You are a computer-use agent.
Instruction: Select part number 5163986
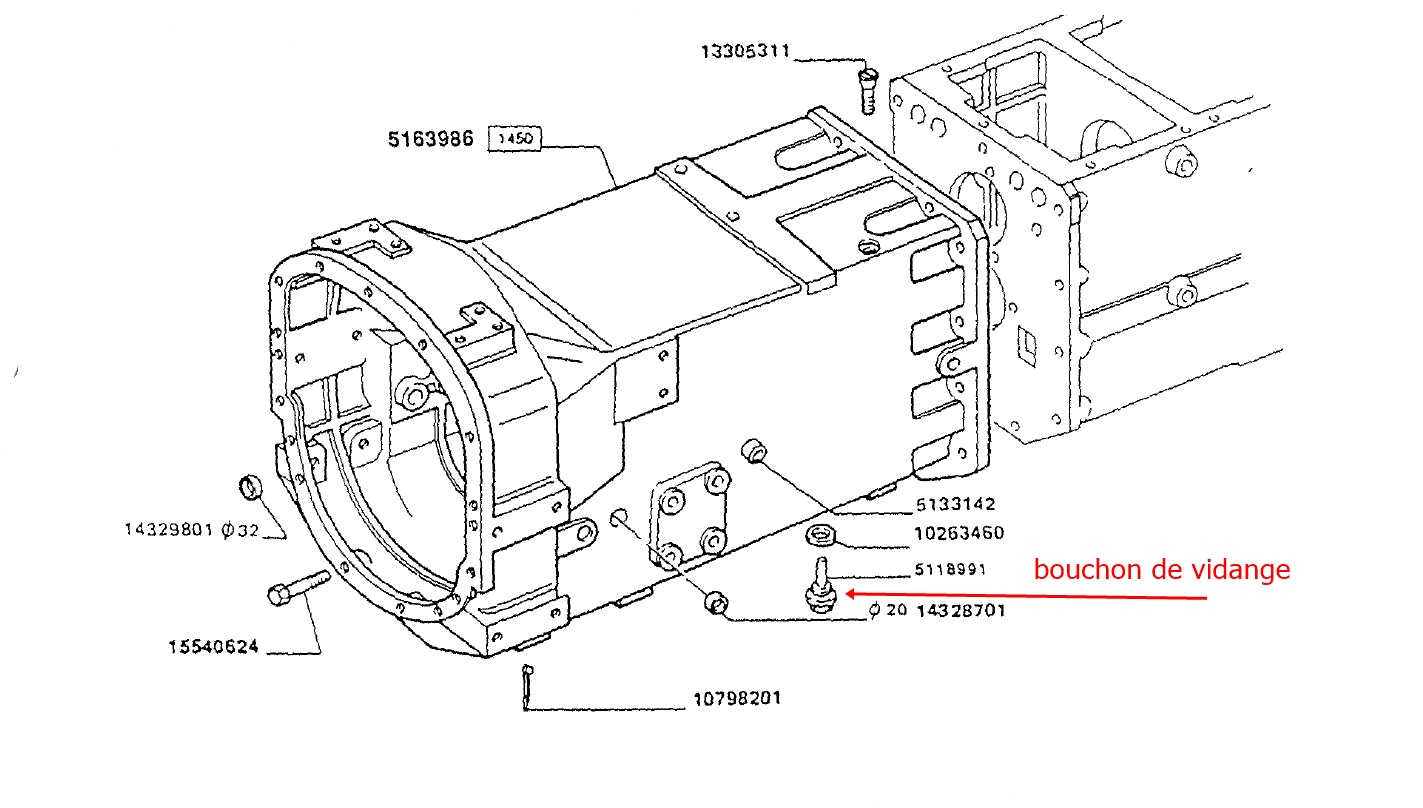431,138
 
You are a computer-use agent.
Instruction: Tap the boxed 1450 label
514,138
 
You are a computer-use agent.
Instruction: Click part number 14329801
169,529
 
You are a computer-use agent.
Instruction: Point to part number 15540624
213,647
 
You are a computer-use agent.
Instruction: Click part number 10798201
736,699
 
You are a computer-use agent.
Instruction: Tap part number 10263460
959,533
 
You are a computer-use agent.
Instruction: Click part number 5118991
950,570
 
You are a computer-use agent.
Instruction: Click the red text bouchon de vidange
1162,570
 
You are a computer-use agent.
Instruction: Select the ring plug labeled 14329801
252,488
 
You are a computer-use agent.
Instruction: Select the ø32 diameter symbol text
239,529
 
